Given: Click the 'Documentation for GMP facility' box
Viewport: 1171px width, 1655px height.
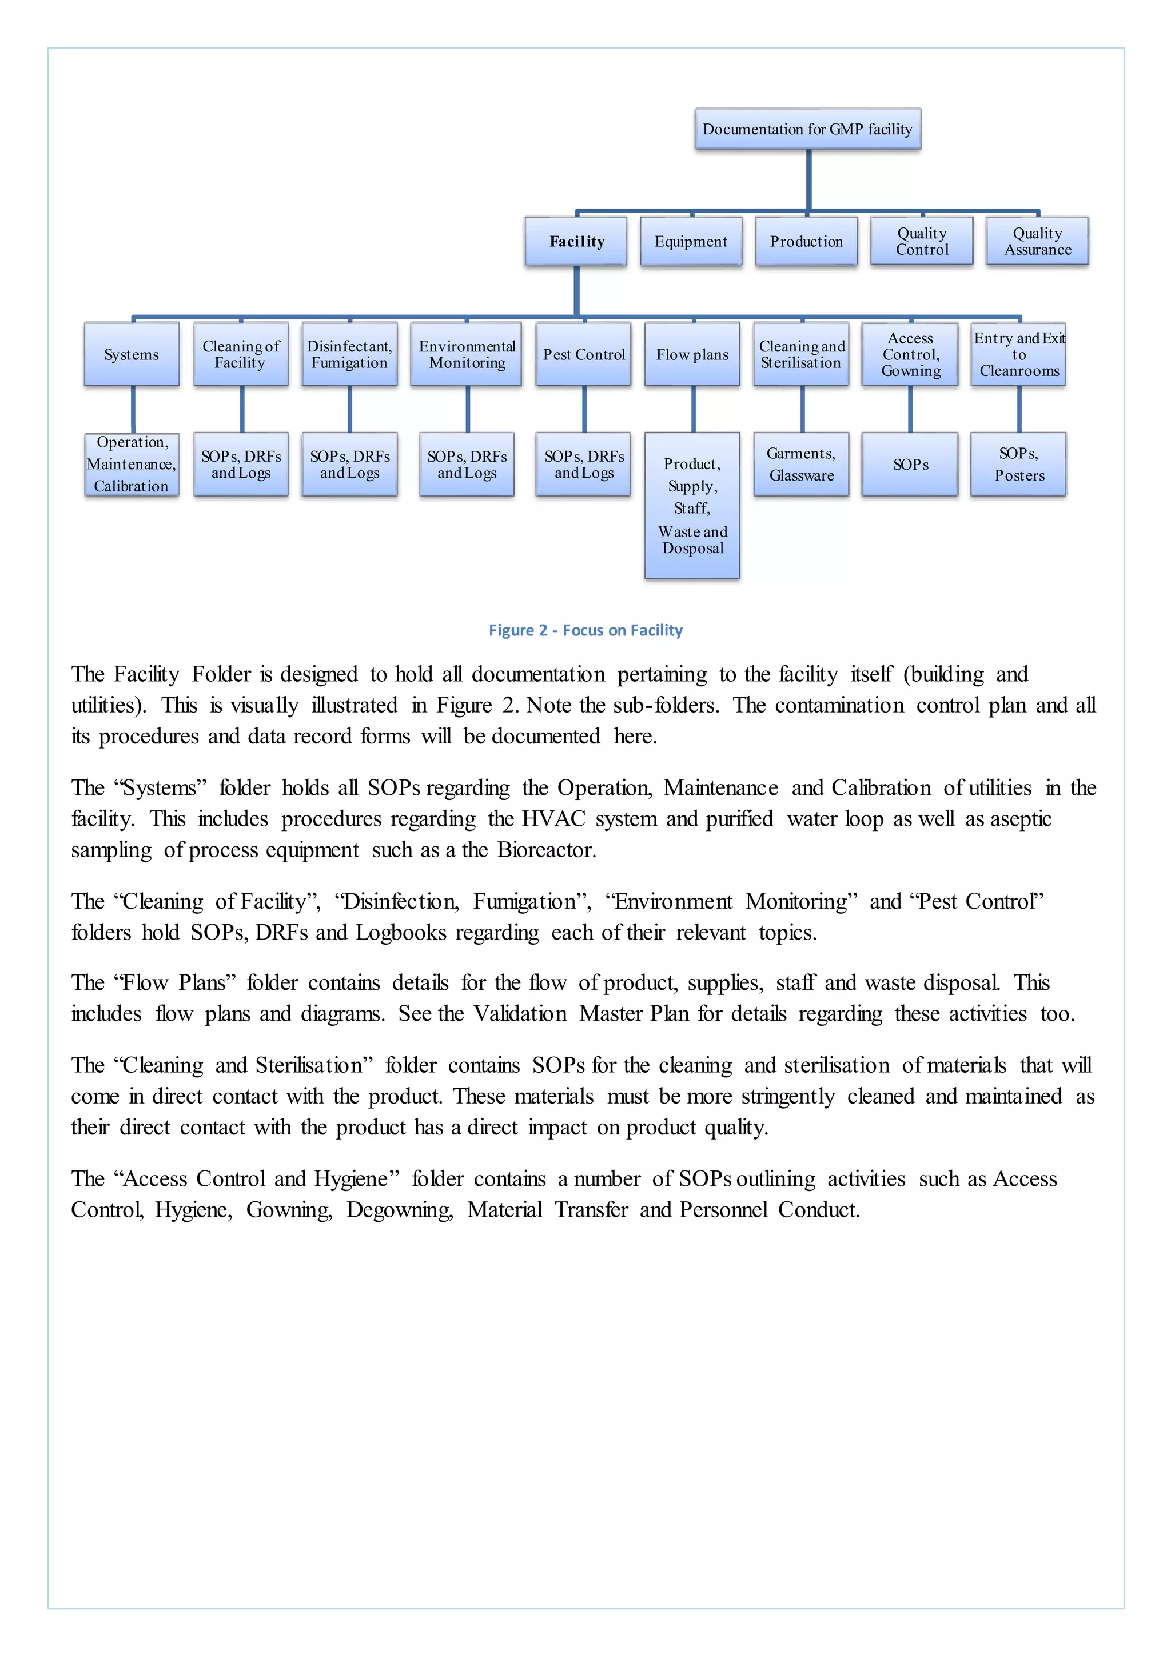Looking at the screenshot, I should (807, 129).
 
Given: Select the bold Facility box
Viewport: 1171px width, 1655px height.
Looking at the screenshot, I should (576, 242).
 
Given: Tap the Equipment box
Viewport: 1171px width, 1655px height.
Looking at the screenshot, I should (691, 242).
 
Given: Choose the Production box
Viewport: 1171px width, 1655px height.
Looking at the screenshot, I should (806, 242).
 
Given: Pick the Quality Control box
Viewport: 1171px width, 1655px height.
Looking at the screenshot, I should (922, 242).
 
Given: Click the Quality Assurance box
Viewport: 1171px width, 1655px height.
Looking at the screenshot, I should (1037, 242).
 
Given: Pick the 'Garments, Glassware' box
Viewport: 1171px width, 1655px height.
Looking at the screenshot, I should (801, 464).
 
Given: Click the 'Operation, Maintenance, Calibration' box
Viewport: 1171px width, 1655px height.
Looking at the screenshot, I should (132, 464).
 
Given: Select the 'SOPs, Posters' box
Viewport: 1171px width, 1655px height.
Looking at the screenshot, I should (1018, 464).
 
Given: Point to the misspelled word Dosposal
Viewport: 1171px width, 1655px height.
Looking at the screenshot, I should (692, 549).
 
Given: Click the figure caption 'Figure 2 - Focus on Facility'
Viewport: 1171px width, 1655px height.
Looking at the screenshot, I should (585, 631).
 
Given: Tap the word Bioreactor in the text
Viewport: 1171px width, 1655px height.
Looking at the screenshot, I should (546, 850).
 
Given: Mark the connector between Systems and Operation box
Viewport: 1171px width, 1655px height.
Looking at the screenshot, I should (133, 409).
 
